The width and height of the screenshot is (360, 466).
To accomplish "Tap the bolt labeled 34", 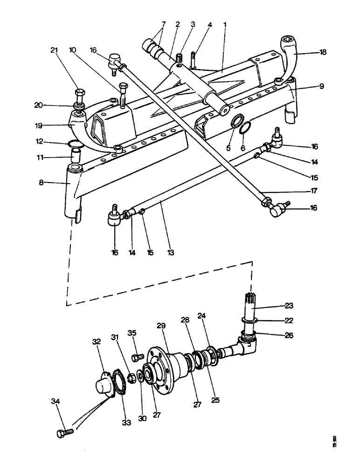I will point(64,432).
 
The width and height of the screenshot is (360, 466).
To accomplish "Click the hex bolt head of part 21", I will point(79,92).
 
